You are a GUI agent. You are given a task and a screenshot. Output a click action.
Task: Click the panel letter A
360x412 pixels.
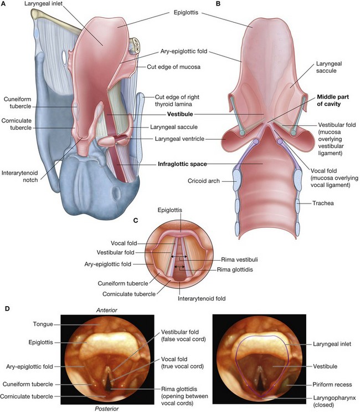pyautogui.click(x=4, y=5)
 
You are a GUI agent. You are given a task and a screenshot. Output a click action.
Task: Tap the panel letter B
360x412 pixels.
pyautogui.click(x=218, y=5)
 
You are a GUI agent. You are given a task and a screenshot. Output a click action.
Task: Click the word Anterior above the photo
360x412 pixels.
pyautogui.click(x=107, y=309)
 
